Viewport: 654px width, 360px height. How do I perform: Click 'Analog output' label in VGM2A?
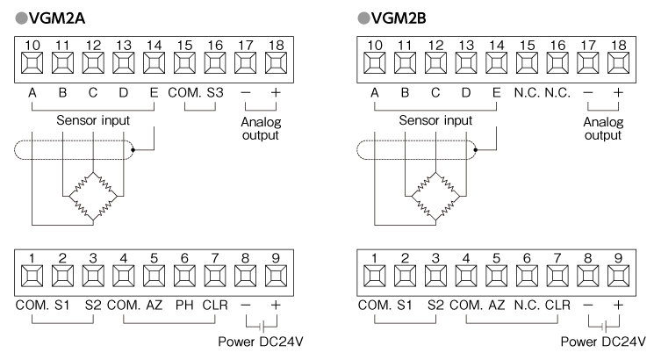[x=260, y=129]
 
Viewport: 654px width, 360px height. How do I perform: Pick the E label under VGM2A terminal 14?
[x=155, y=91]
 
